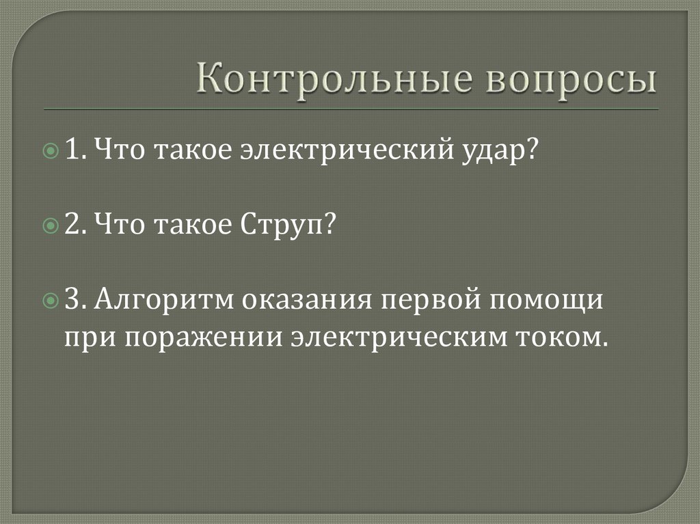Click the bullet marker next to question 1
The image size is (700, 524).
tap(52, 150)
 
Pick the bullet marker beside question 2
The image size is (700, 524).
tap(52, 225)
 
